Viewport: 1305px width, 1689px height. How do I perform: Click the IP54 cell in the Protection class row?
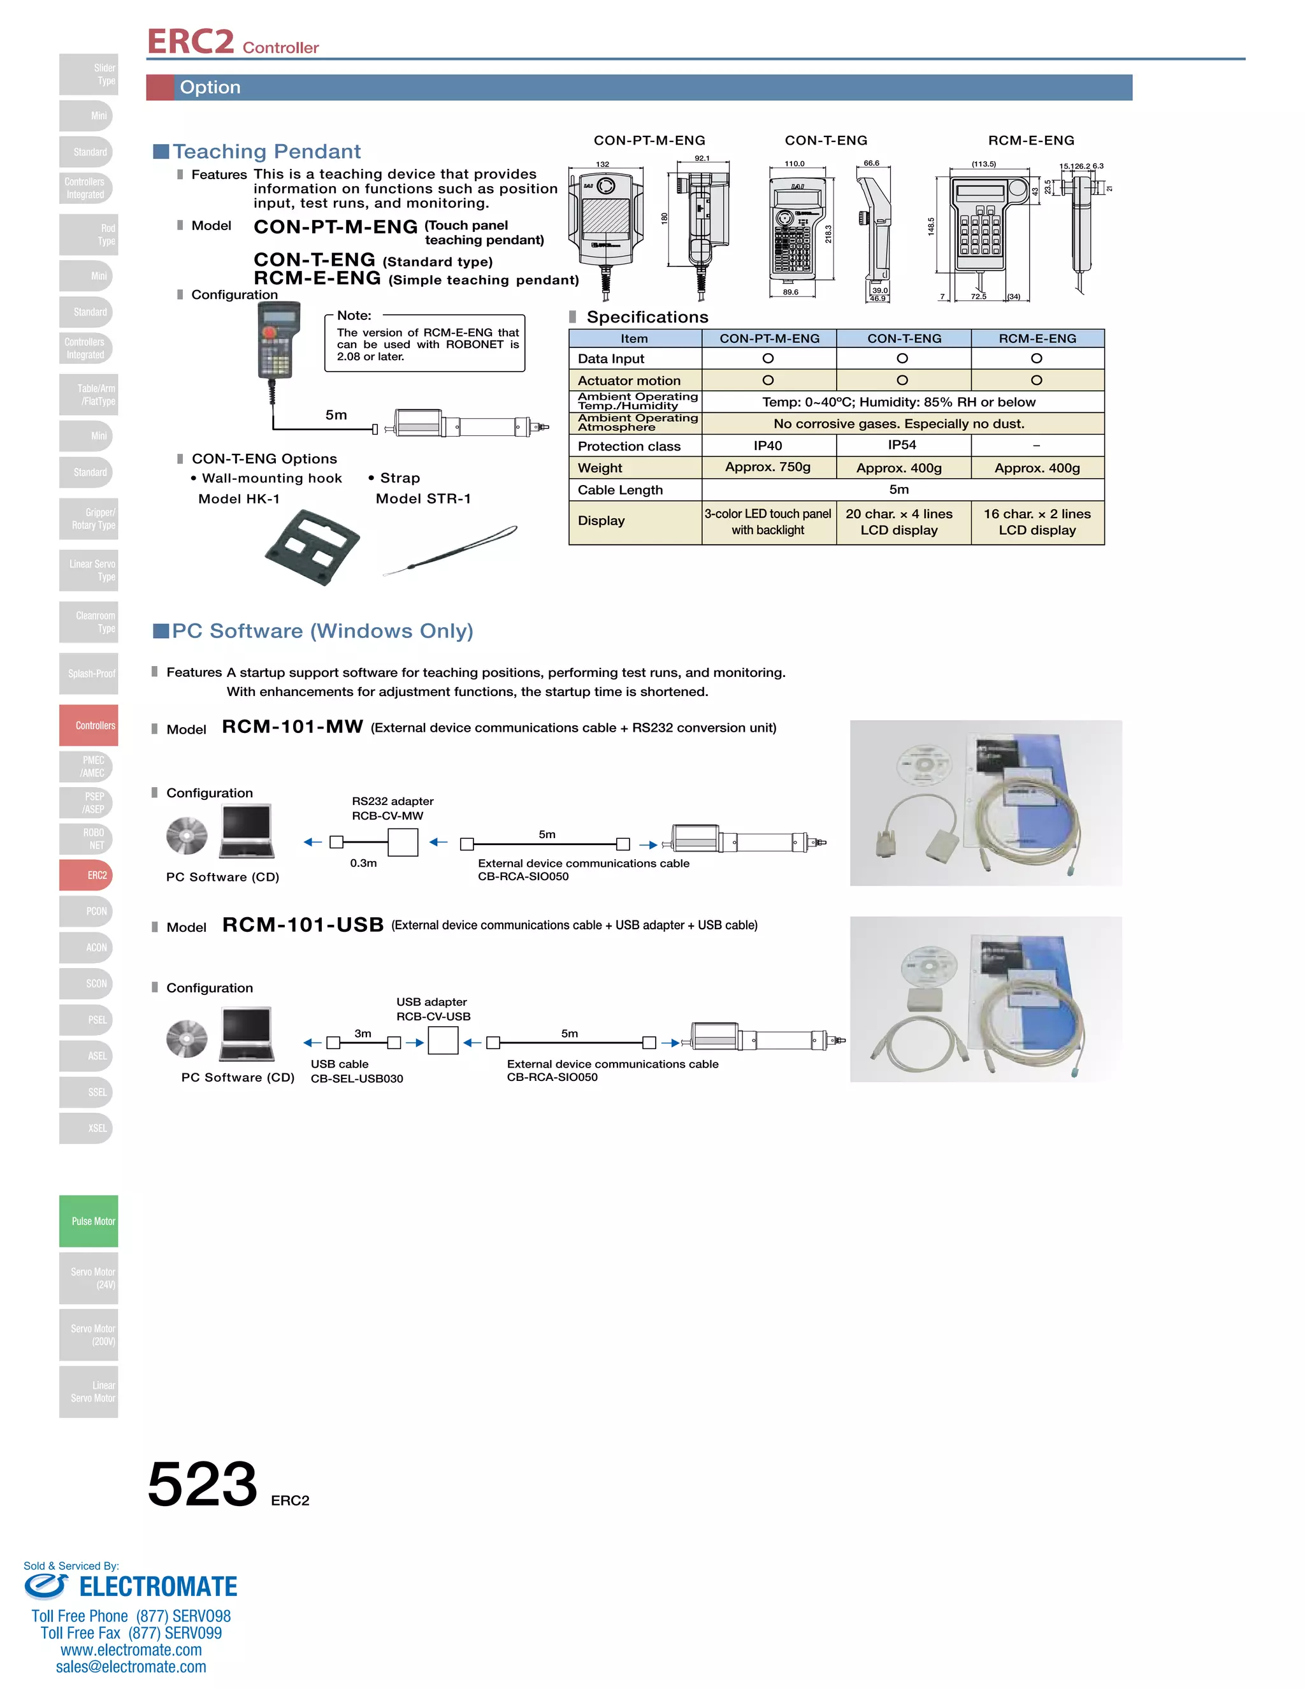902,445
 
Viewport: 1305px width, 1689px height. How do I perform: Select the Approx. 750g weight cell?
768,467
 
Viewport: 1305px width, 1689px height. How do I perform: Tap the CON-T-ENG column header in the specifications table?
904,338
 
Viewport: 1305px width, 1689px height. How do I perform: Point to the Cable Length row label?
620,489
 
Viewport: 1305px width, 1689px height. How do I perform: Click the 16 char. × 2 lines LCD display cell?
1037,522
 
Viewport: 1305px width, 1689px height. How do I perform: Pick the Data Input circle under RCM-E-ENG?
1036,358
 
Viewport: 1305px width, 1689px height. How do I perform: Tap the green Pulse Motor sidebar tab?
89,1221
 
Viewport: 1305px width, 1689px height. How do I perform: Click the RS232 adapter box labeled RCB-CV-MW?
403,842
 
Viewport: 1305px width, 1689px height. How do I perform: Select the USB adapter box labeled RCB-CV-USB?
443,1041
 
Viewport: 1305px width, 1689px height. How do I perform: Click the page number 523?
202,1484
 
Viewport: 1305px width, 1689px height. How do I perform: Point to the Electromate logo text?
158,1587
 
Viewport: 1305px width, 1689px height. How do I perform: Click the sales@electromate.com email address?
131,1667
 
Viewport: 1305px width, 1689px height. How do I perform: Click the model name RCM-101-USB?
303,925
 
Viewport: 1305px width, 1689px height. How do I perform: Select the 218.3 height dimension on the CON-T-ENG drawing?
828,233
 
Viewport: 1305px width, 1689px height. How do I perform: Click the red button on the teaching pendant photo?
269,332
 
